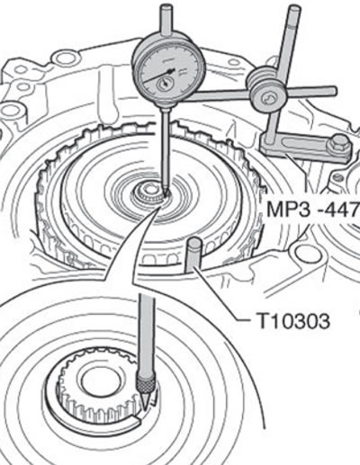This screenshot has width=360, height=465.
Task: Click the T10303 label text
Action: coord(293,321)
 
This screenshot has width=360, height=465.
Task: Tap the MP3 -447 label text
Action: coord(313,209)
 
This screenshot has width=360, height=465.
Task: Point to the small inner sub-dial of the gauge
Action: coord(165,84)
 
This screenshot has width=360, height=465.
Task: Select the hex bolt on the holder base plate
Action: coord(340,144)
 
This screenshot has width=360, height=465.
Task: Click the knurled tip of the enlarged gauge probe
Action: coord(145,383)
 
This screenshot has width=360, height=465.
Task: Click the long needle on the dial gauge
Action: coord(158,76)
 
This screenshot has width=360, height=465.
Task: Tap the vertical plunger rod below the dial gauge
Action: coord(166,150)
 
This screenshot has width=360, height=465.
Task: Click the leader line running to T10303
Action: coord(220,294)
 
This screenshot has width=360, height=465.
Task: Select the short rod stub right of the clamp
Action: coord(313,92)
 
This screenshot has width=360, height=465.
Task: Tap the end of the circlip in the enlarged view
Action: coord(139,424)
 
